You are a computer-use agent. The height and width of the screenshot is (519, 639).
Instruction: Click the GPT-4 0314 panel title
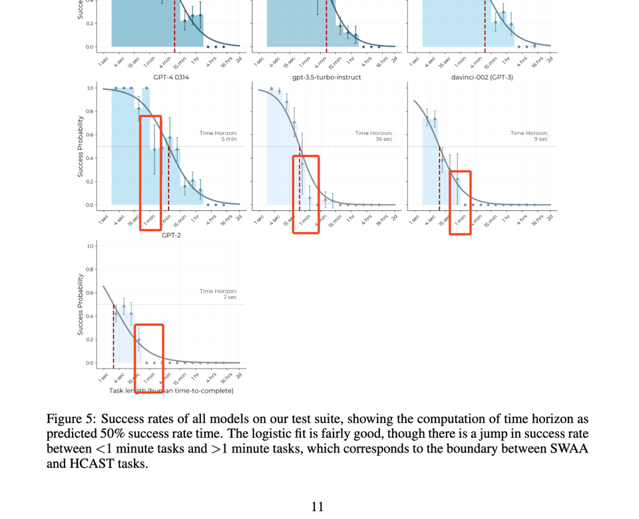click(x=171, y=77)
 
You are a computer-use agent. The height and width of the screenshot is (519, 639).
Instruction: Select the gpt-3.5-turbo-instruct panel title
click(x=326, y=77)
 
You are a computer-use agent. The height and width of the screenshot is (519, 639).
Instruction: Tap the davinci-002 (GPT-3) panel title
click(x=482, y=77)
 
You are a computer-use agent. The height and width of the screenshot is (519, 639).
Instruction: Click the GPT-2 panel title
click(x=171, y=235)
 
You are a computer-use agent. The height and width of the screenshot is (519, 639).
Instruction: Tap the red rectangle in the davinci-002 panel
click(x=460, y=202)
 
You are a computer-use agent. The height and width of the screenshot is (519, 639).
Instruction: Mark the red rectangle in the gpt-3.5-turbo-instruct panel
click(x=306, y=193)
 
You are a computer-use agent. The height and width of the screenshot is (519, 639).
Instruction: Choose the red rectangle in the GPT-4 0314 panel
click(x=150, y=172)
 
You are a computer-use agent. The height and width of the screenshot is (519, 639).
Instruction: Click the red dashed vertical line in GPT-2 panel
click(x=113, y=336)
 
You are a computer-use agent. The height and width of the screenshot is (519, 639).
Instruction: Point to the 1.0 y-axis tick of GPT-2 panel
click(x=91, y=246)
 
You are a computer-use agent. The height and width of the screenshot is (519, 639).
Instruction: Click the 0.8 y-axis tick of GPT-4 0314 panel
click(x=91, y=112)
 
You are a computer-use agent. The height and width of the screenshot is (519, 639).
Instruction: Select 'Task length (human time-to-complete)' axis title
click(x=171, y=391)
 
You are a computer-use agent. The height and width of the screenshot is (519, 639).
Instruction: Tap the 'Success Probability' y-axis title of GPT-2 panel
click(x=80, y=303)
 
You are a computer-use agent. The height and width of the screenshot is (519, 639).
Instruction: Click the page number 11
click(x=318, y=506)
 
